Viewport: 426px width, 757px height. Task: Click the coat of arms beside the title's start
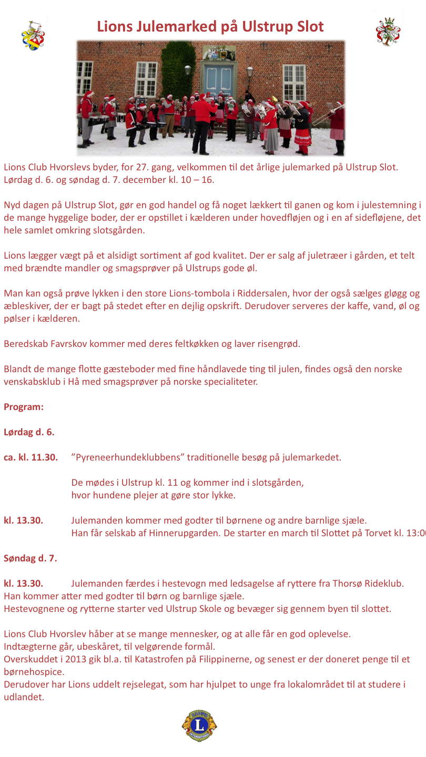pyautogui.click(x=33, y=35)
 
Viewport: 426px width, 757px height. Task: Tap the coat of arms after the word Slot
pyautogui.click(x=388, y=32)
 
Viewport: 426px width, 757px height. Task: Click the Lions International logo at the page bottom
pyautogui.click(x=199, y=725)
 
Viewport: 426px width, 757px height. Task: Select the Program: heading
pyautogui.click(x=24, y=407)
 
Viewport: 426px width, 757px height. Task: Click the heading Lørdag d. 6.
pyautogui.click(x=29, y=432)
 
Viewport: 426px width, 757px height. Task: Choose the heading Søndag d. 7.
pyautogui.click(x=30, y=558)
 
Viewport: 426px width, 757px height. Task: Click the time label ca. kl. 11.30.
pyautogui.click(x=31, y=457)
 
